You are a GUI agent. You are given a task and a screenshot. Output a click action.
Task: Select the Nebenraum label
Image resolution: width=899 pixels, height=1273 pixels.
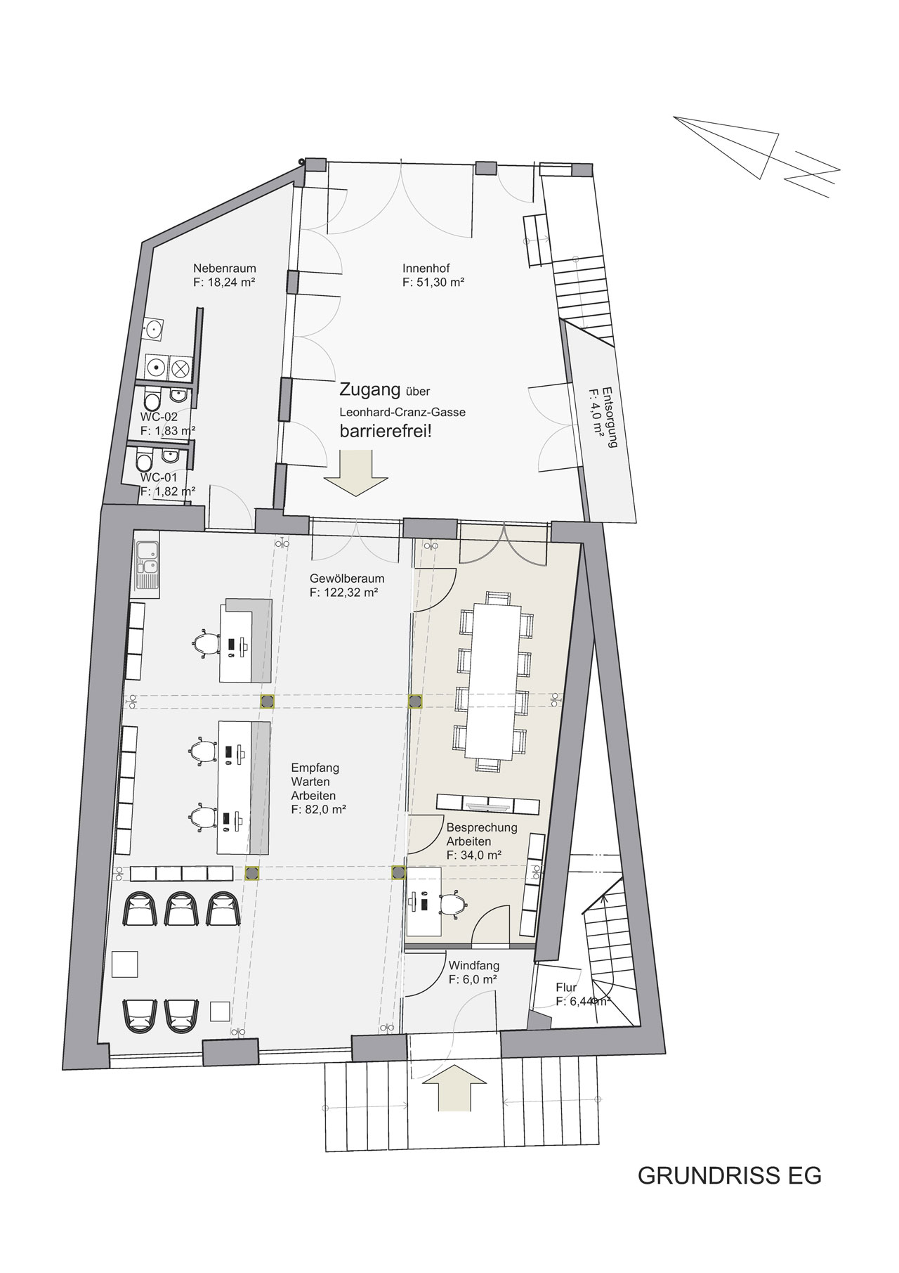(225, 268)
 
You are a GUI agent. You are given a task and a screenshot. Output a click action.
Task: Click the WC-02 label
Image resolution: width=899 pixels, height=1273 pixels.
(159, 417)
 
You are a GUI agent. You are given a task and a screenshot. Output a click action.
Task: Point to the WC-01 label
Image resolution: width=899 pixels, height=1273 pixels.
(159, 477)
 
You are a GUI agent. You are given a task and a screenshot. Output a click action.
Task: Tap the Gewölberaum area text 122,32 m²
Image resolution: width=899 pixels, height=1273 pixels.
(344, 593)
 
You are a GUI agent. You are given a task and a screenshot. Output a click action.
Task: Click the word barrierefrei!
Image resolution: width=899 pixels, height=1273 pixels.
(386, 431)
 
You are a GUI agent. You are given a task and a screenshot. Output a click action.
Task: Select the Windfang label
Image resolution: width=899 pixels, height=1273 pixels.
(473, 966)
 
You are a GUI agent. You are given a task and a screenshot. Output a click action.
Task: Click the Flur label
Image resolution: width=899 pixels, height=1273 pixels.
(566, 988)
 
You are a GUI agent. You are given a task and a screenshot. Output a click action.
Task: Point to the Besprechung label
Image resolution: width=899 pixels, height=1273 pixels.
(482, 827)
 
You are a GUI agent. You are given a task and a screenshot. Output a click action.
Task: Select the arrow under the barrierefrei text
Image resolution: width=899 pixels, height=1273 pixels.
(355, 475)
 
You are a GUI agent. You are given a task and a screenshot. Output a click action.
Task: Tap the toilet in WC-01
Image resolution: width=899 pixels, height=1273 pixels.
(145, 463)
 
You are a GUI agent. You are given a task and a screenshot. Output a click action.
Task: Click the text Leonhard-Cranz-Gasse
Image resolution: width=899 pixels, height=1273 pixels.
(402, 412)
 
